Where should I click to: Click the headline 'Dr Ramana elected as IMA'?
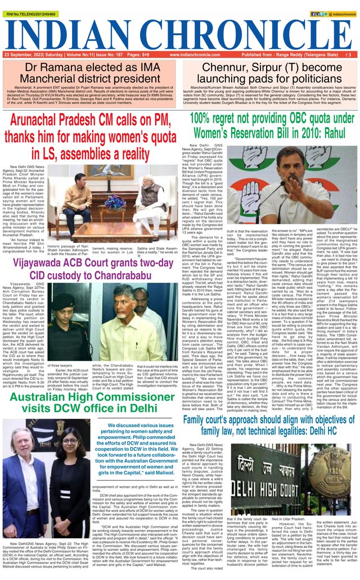[91, 68]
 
